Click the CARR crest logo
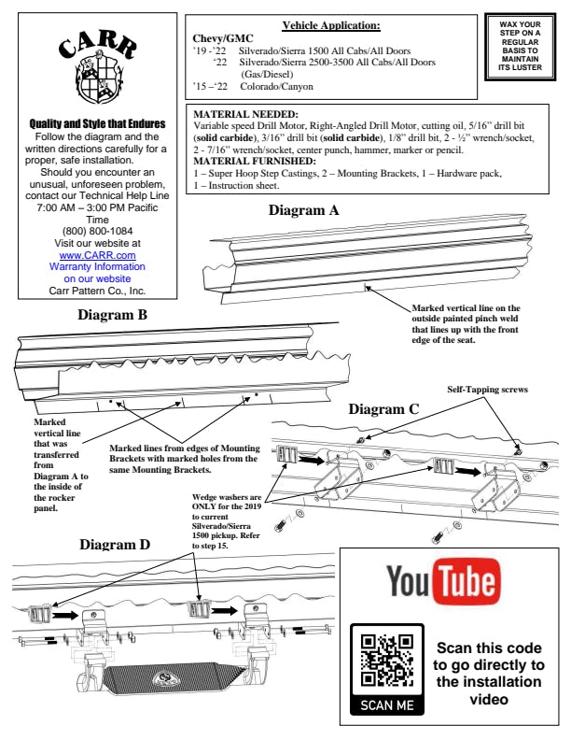(x=98, y=69)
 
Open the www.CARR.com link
(x=98, y=255)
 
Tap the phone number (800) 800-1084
(x=98, y=232)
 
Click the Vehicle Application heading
(x=331, y=25)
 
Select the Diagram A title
(x=303, y=210)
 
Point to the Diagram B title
(x=112, y=315)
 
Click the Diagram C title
(x=383, y=409)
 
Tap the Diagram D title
(x=115, y=545)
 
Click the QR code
(x=387, y=661)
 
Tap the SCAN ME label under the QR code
(x=387, y=705)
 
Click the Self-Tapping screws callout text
(x=487, y=390)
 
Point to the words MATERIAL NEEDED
(x=245, y=114)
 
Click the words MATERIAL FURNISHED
(x=255, y=162)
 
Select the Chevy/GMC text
(x=223, y=38)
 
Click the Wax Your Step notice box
(x=520, y=47)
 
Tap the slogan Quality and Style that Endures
(x=98, y=124)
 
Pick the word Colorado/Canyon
(x=276, y=86)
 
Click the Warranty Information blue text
(x=98, y=273)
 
